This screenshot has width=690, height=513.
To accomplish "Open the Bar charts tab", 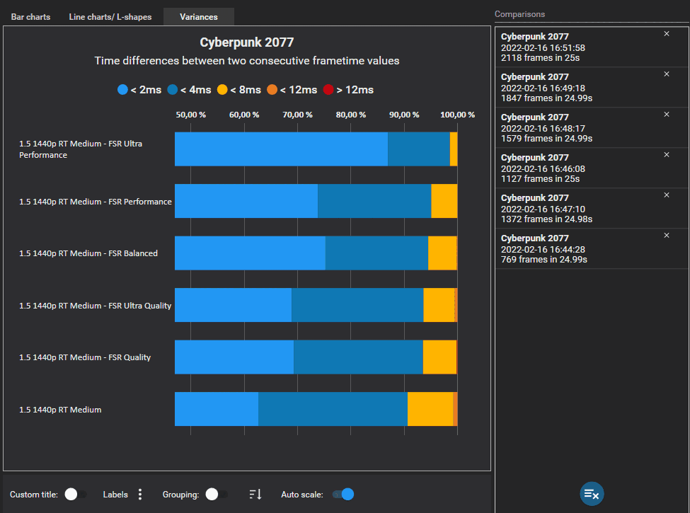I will [30, 16].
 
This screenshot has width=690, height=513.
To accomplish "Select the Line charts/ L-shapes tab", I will [110, 16].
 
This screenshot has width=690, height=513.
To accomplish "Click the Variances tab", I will [198, 16].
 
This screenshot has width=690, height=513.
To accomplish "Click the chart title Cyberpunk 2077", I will [246, 42].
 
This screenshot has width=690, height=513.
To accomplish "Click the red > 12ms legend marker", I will [328, 90].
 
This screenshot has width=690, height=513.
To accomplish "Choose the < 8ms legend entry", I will [238, 90].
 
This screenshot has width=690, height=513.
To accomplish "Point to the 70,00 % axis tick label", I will [297, 115].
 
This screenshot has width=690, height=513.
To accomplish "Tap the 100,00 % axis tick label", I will [457, 115].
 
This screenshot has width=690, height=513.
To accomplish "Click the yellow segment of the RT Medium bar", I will [430, 409].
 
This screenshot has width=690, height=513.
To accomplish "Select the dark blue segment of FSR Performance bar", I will [374, 201].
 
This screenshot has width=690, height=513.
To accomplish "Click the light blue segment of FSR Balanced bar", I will [250, 253].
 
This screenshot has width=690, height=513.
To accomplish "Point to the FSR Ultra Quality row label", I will [95, 306].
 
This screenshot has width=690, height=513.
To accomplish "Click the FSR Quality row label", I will [85, 357].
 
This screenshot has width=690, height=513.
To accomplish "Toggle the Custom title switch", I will [75, 494].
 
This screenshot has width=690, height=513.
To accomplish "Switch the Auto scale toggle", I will [343, 494].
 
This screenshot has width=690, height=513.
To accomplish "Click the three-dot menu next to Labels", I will [140, 494].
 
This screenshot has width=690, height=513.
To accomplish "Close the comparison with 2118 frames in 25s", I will [666, 34].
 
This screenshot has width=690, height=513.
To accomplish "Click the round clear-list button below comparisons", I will [592, 494].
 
